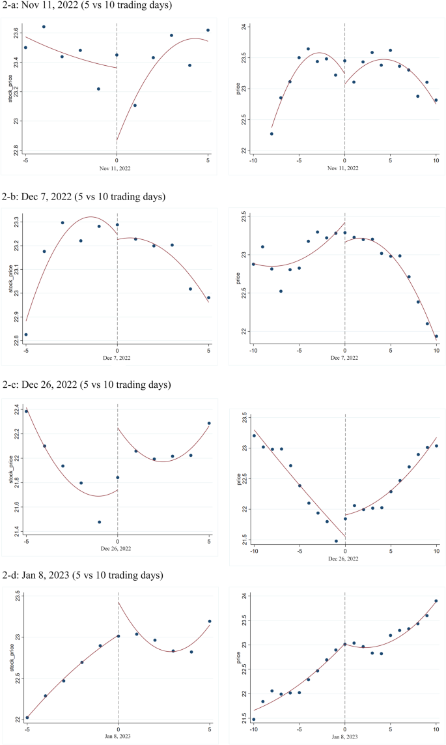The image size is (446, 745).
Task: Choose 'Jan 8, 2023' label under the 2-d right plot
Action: pyautogui.click(x=344, y=737)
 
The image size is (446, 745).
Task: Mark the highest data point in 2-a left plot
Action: pyautogui.click(x=44, y=27)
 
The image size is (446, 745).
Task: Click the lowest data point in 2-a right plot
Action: pyautogui.click(x=272, y=134)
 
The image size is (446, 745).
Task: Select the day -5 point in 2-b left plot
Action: pyautogui.click(x=26, y=334)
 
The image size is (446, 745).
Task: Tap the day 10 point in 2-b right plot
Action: pyautogui.click(x=436, y=336)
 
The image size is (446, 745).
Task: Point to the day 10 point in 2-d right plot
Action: pyautogui.click(x=436, y=601)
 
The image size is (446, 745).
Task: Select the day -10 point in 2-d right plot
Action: pyautogui.click(x=253, y=719)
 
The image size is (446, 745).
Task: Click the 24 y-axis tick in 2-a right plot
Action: pyautogui.click(x=242, y=27)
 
